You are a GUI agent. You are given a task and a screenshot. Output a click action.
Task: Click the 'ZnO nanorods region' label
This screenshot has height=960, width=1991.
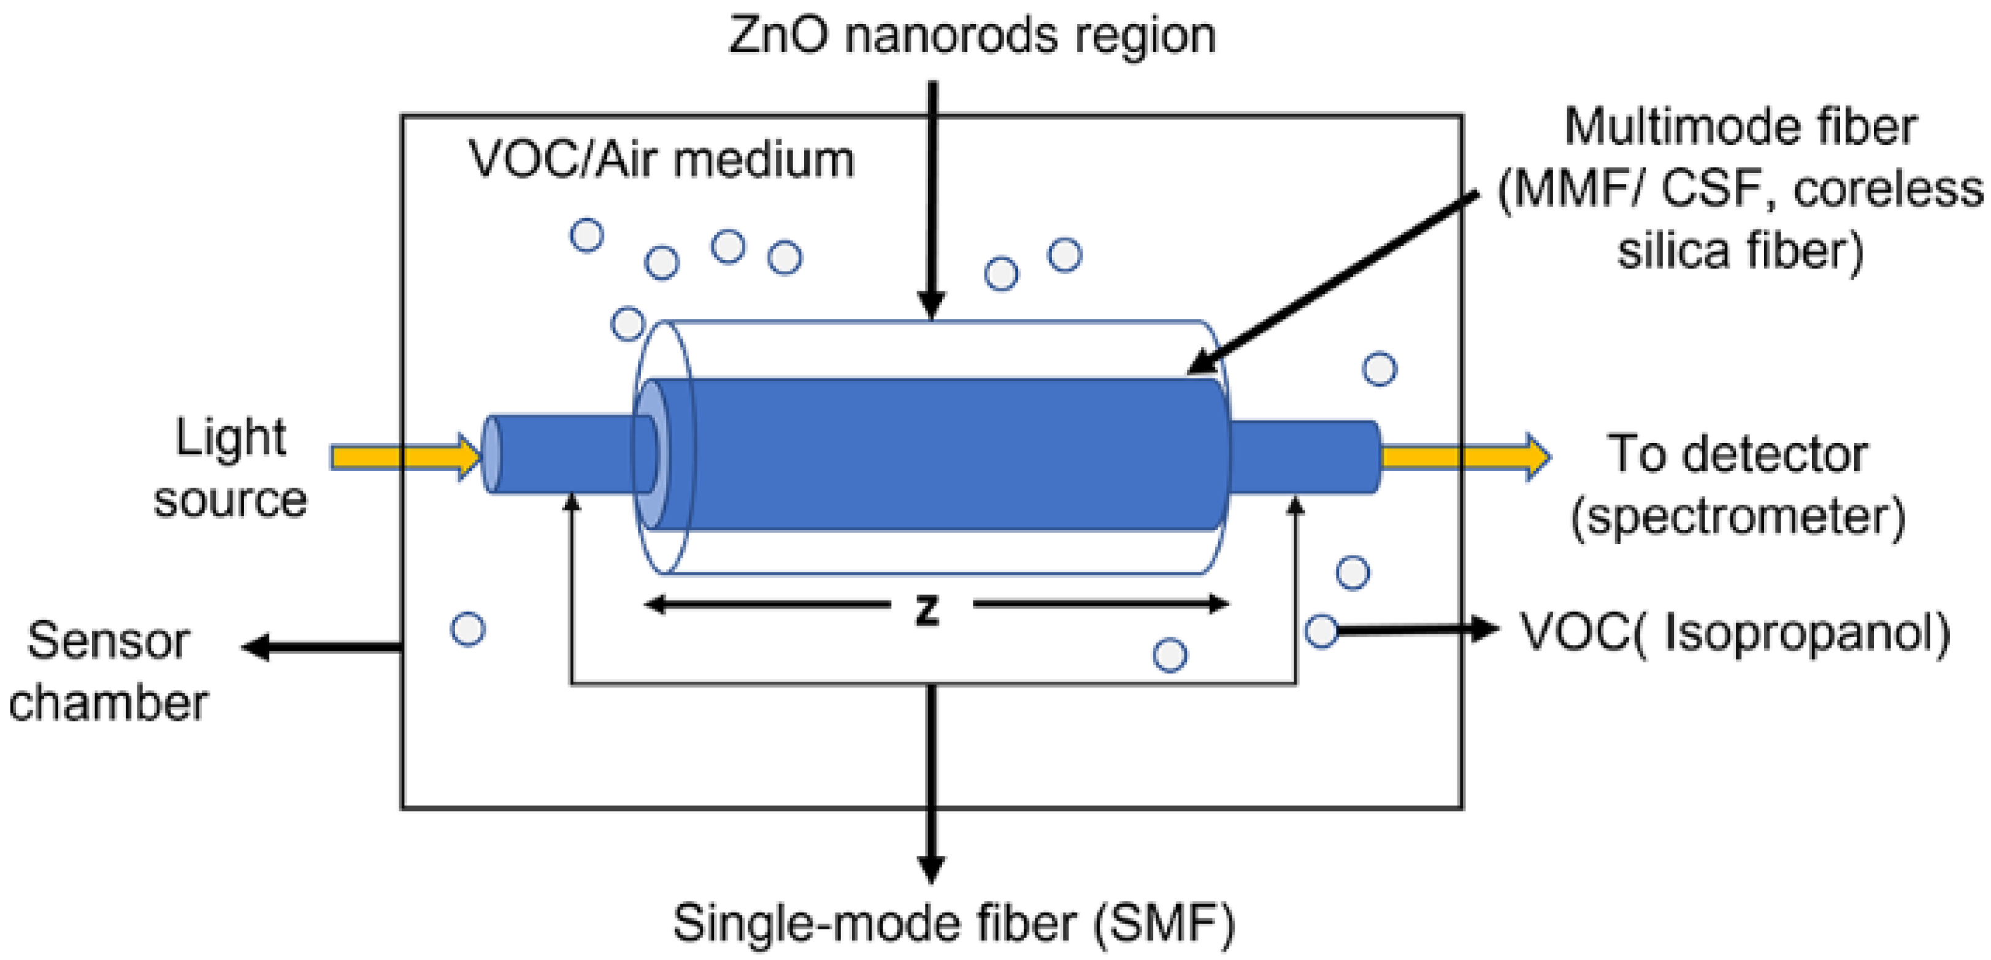tap(972, 36)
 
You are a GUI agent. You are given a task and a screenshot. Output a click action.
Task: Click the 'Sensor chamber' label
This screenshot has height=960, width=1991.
tap(108, 672)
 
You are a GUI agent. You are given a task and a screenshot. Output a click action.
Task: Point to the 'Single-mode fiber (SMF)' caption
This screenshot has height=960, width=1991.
tap(954, 923)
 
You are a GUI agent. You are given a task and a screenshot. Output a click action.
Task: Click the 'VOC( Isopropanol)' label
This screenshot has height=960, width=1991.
tap(1735, 632)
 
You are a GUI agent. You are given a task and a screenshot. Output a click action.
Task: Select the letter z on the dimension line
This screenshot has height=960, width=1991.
tap(927, 610)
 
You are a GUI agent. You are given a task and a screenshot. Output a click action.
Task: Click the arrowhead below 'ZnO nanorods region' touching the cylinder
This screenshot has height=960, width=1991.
tap(932, 305)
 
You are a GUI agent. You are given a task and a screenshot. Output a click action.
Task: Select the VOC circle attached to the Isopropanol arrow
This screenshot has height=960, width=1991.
tap(1322, 631)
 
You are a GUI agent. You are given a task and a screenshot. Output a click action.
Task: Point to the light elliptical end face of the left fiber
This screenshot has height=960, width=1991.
tap(491, 455)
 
